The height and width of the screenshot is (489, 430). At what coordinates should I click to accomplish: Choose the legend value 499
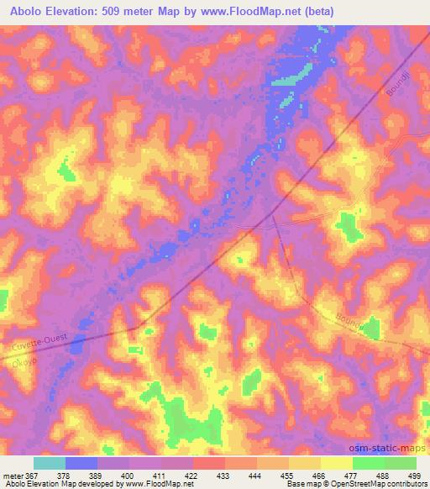414,475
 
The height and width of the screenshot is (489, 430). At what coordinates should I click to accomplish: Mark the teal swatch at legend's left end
50,463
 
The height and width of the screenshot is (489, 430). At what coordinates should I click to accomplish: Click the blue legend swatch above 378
81,463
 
